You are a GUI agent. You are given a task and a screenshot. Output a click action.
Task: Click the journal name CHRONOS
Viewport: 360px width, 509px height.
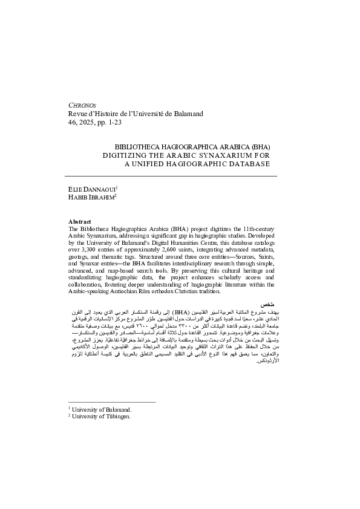[x=83, y=104]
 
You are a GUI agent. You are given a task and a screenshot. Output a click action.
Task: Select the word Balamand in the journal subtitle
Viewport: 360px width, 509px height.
[x=185, y=113]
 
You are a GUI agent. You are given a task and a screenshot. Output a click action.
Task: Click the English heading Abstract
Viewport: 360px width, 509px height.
[x=80, y=222]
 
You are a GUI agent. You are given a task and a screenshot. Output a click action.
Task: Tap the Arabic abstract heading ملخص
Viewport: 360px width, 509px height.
[x=269, y=302]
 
